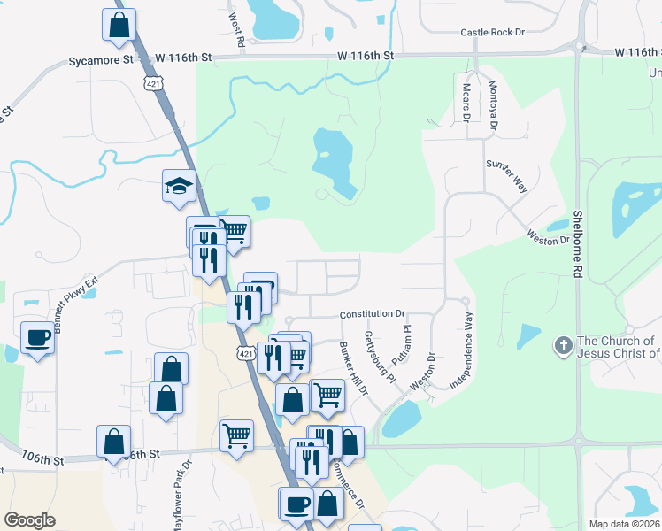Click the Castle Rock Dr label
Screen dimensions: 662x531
pyautogui.click(x=493, y=33)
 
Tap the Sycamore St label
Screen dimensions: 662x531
pyautogui.click(x=101, y=60)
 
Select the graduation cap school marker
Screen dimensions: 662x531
pyautogui.click(x=179, y=187)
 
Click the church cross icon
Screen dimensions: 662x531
pyautogui.click(x=563, y=346)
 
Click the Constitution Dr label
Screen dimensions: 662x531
pyautogui.click(x=373, y=314)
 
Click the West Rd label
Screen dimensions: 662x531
pyautogui.click(x=235, y=29)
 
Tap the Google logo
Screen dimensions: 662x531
pyautogui.click(x=29, y=520)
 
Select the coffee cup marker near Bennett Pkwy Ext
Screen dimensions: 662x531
pyautogui.click(x=37, y=337)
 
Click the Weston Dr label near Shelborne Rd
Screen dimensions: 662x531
pyautogui.click(x=548, y=238)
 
